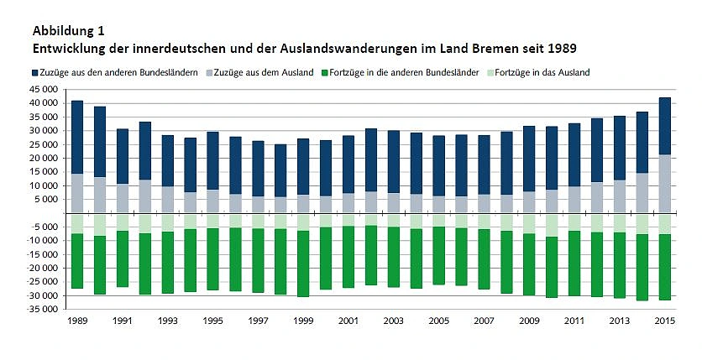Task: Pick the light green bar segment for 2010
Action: point(552,225)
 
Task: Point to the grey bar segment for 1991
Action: point(123,198)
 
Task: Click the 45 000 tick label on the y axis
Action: point(42,89)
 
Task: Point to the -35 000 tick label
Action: point(40,310)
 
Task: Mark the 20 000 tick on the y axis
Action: point(42,158)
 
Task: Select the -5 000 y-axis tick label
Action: point(43,227)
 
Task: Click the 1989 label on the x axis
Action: point(77,321)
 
